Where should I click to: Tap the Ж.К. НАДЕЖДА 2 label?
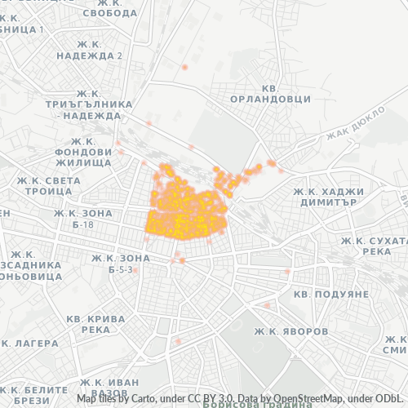[x=89, y=55]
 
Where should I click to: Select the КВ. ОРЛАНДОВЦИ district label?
[x=282, y=93]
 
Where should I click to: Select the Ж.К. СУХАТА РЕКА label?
[x=374, y=246]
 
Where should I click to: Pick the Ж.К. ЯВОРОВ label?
[x=291, y=332]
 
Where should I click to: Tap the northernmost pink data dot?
[x=186, y=66]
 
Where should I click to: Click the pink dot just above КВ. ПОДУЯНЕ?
[x=287, y=272]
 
